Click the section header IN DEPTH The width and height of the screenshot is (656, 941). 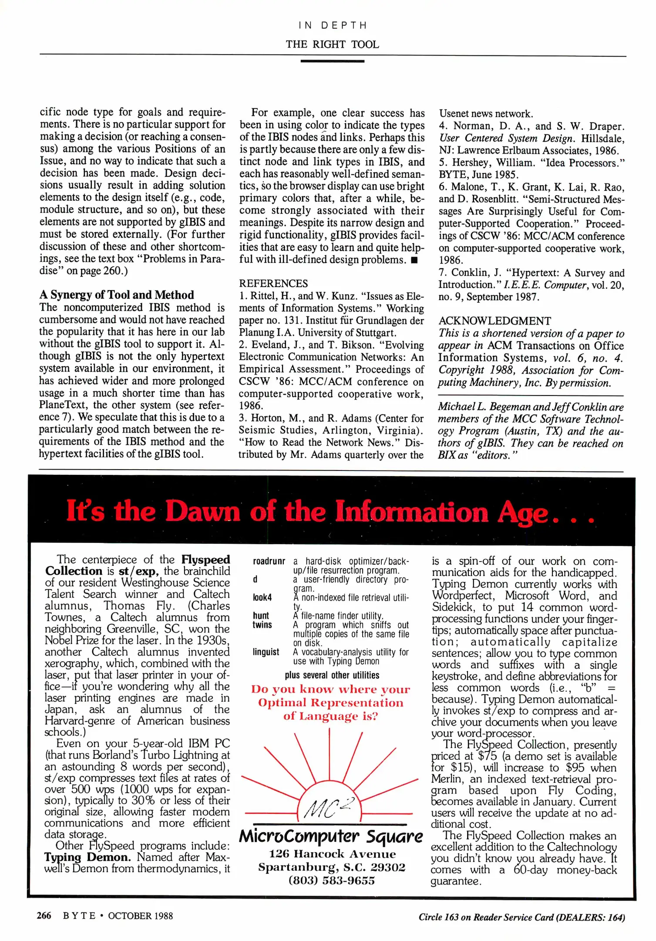tap(333, 26)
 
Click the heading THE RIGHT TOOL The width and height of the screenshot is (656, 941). tap(332, 44)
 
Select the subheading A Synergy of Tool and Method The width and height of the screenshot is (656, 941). tap(116, 295)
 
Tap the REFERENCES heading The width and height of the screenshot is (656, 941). tap(273, 284)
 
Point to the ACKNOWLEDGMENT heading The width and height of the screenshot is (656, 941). tap(495, 321)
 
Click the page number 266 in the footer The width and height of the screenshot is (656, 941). tap(44, 916)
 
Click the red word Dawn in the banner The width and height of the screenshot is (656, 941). tap(202, 511)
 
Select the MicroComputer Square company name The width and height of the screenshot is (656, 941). tap(331, 837)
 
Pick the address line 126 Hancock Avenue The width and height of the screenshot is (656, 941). tap(332, 854)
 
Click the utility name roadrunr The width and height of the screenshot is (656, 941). tap(269, 562)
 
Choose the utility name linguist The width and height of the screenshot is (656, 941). tap(266, 652)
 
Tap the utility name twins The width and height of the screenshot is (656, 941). tap(262, 625)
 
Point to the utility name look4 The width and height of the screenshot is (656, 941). tap(262, 598)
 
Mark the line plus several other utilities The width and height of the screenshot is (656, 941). tap(332, 675)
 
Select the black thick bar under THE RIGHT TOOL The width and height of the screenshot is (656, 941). tap(332, 61)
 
